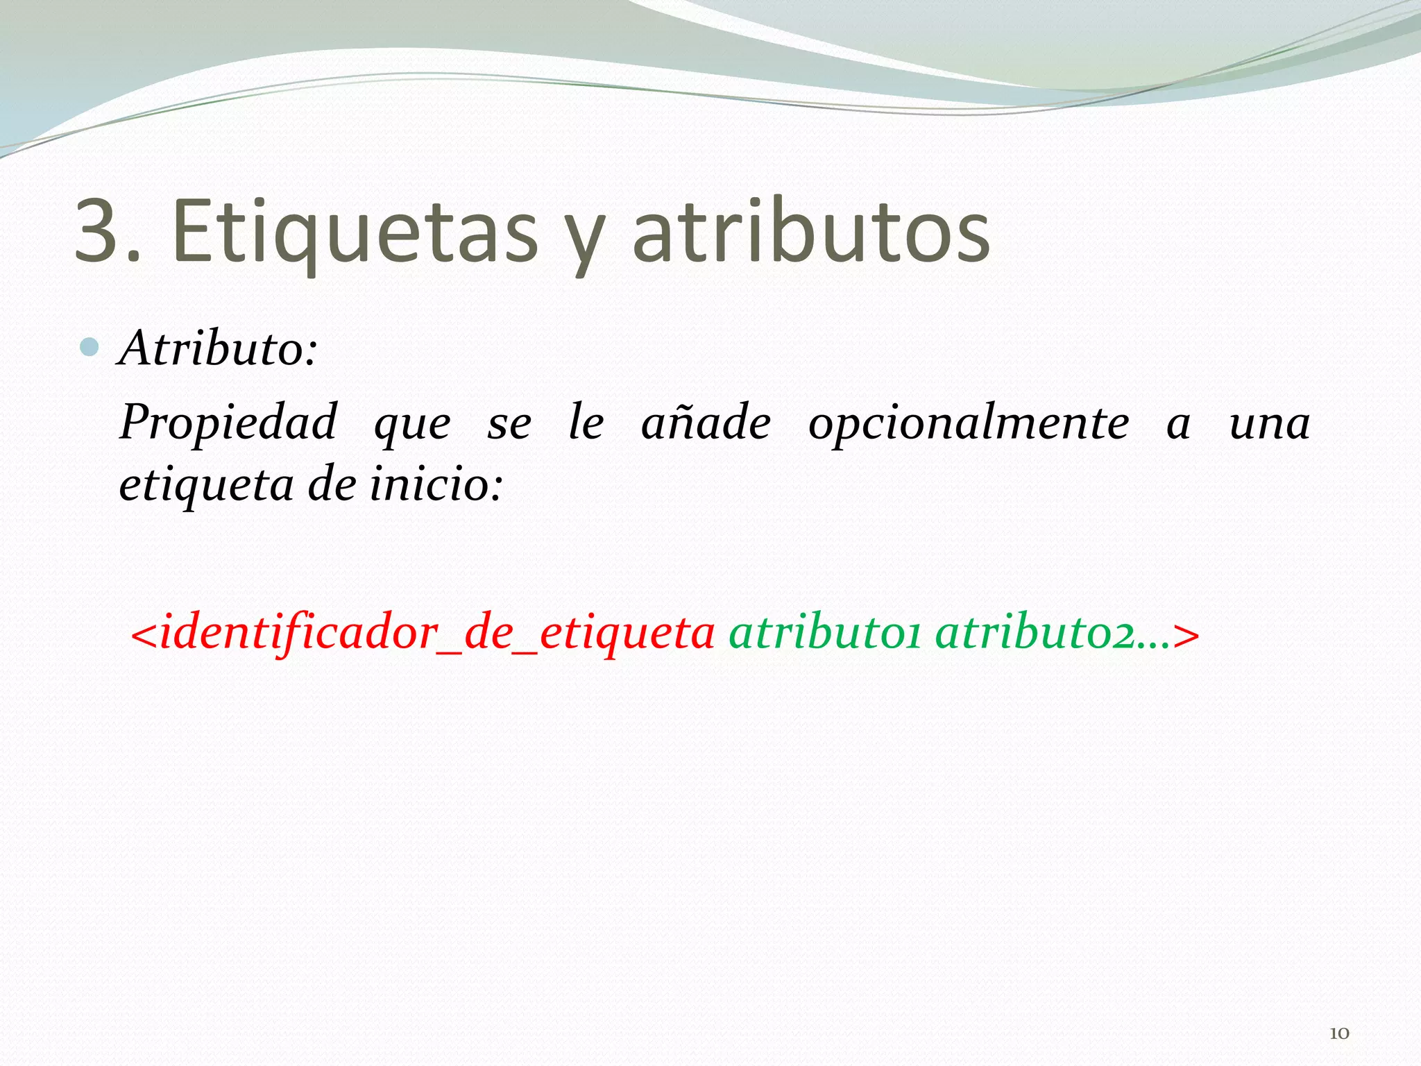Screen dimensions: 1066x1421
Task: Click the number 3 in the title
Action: (99, 230)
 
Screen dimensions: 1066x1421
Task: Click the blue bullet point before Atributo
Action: (90, 346)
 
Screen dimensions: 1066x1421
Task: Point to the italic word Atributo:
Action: (219, 348)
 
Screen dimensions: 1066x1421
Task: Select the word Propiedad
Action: (228, 423)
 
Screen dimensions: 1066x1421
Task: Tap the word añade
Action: (706, 423)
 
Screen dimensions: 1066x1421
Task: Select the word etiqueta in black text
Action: (206, 485)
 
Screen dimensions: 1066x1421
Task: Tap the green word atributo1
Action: (824, 634)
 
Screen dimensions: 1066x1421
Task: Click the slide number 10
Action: (1339, 1033)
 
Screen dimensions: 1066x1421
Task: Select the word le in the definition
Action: (586, 423)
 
